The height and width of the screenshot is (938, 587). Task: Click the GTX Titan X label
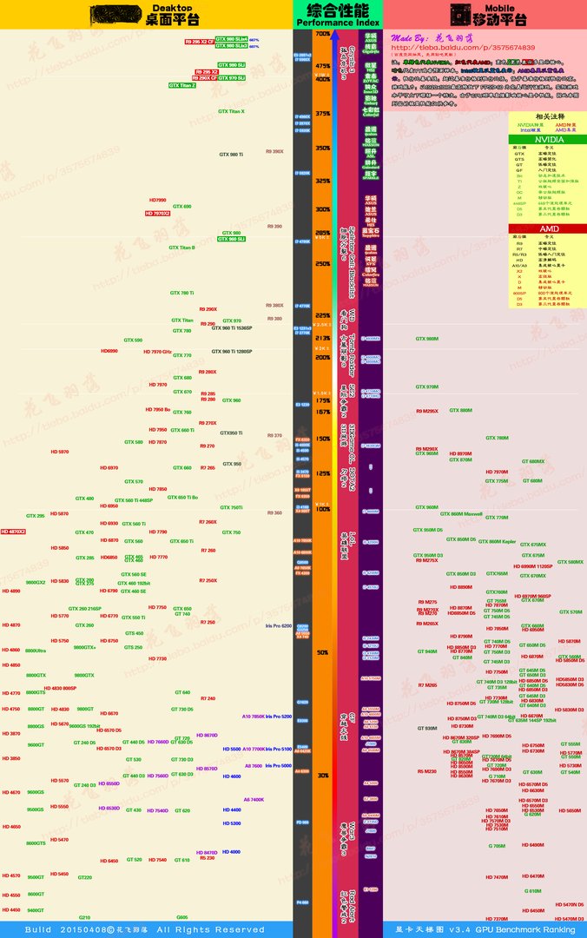[231, 111]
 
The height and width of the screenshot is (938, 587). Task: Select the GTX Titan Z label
[182, 85]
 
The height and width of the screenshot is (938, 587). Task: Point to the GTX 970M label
[427, 387]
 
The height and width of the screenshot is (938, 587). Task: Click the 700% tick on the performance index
[322, 34]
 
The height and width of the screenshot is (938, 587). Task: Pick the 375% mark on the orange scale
[322, 114]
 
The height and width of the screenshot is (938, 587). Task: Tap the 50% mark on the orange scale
[322, 651]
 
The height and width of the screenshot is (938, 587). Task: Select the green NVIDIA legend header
[547, 138]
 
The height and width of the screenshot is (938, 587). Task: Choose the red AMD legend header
[547, 228]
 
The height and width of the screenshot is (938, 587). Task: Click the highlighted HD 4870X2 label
[13, 531]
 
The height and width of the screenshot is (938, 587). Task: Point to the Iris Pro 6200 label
[279, 625]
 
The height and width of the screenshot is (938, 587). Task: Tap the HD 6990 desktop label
[109, 352]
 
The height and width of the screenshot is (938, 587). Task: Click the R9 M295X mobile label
[427, 410]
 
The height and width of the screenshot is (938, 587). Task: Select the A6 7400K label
[254, 799]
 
